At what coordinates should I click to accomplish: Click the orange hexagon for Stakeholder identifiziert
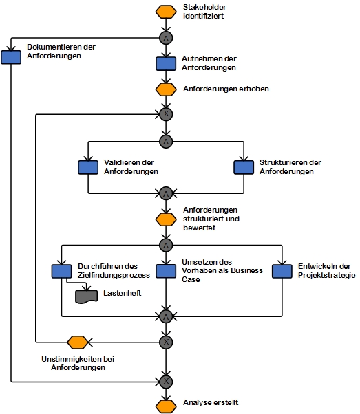click(166, 12)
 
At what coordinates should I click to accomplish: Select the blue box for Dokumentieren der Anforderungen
click(11, 57)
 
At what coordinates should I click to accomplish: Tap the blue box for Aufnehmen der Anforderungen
click(166, 64)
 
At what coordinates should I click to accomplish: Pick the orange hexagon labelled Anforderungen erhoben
click(166, 89)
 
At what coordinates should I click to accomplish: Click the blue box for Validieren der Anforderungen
click(88, 167)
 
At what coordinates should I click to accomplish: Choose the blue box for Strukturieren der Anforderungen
click(244, 167)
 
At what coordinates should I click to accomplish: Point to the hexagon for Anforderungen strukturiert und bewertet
click(166, 219)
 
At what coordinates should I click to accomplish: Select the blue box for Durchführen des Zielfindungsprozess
click(61, 271)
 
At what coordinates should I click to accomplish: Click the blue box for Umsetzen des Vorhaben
click(166, 271)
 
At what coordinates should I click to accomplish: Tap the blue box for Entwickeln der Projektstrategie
click(282, 271)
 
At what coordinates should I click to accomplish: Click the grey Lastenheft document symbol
click(87, 296)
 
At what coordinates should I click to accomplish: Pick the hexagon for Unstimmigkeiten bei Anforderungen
click(78, 342)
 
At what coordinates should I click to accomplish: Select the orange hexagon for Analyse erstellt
click(166, 406)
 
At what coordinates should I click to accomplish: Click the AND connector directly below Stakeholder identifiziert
click(166, 38)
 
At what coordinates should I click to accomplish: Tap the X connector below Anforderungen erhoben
click(166, 114)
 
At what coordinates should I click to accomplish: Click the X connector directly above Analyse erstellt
click(166, 382)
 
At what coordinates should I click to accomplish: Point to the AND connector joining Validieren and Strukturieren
click(166, 193)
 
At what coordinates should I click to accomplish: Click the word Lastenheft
click(122, 293)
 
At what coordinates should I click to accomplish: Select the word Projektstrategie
click(327, 275)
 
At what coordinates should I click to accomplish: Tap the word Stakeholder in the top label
click(204, 7)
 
